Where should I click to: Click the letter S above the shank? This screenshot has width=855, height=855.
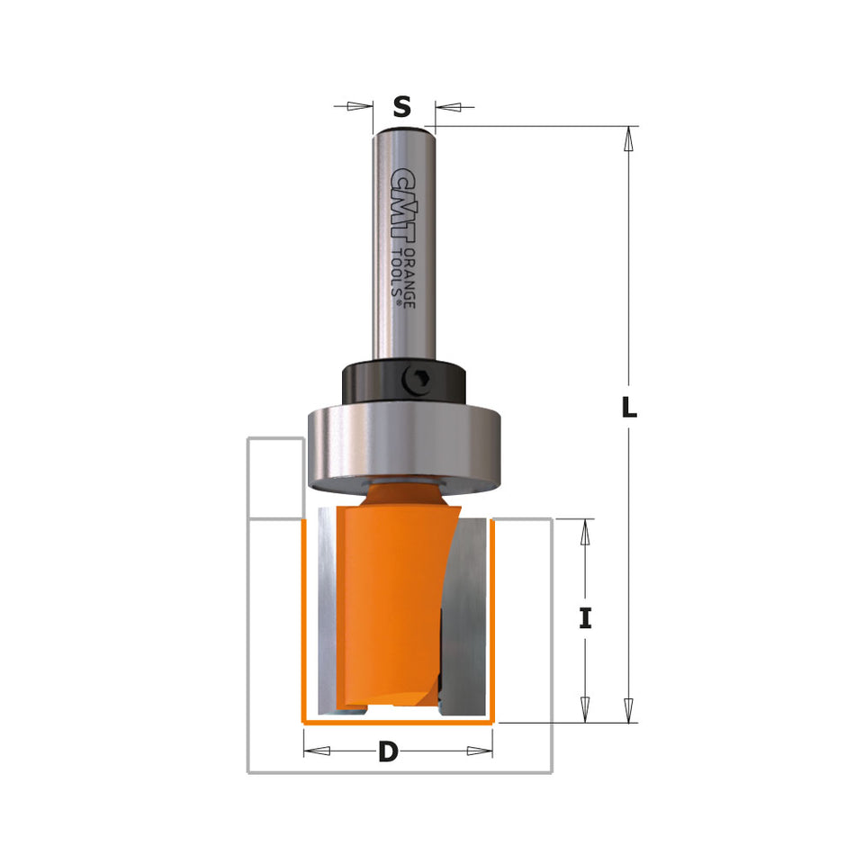click(x=402, y=107)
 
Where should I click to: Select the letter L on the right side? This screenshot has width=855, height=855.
click(x=629, y=408)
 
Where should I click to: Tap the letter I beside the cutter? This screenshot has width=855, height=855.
click(x=585, y=619)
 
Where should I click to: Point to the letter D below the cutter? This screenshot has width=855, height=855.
click(x=388, y=752)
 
